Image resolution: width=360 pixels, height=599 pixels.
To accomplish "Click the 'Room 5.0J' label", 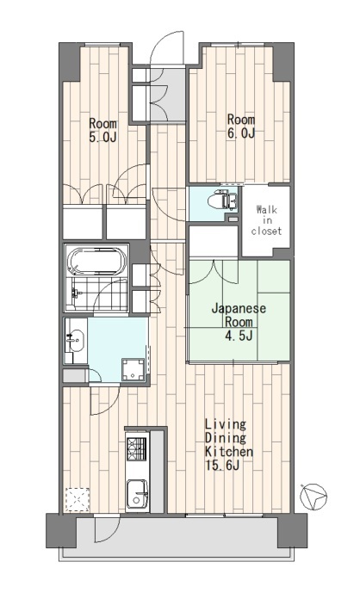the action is point(102,130).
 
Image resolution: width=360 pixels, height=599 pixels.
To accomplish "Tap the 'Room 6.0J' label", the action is point(241,126).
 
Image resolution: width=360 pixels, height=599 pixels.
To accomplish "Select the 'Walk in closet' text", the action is point(266,220).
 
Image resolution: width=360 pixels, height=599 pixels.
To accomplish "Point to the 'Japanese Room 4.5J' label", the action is point(239,322).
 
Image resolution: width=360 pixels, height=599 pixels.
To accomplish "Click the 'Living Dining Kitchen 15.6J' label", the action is point(229,445).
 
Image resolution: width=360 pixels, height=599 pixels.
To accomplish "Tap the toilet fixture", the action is point(221,201).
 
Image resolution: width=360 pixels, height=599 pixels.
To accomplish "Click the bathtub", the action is point(96,261).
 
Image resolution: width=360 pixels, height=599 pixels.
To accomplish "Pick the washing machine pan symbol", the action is point(133,369).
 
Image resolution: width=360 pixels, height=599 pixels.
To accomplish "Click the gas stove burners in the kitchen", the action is point(136,448).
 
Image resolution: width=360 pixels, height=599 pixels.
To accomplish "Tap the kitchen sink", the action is point(137,493).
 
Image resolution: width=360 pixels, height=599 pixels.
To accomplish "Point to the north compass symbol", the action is point(313,497).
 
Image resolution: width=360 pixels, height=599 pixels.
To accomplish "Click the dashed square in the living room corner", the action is point(78,499).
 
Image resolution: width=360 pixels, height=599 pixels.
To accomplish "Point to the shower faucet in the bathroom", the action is point(75,293).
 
